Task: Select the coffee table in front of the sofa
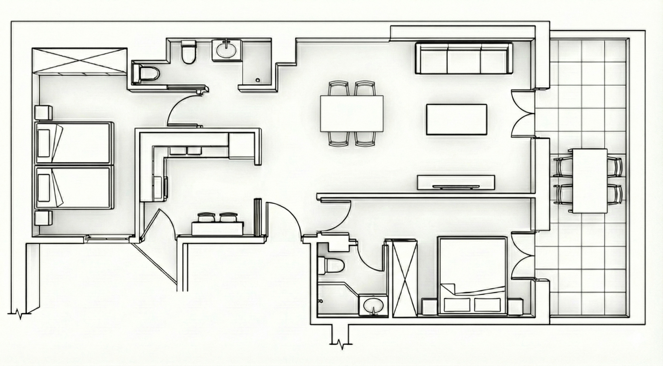[x=457, y=119]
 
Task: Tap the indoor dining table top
[x=352, y=114]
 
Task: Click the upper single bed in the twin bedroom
[x=74, y=143]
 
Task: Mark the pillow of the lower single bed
[x=44, y=188]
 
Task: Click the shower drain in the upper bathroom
[x=257, y=80]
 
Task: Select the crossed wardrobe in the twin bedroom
[x=79, y=61]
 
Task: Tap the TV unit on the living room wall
[x=456, y=182]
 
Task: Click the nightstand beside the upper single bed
[x=43, y=113]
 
